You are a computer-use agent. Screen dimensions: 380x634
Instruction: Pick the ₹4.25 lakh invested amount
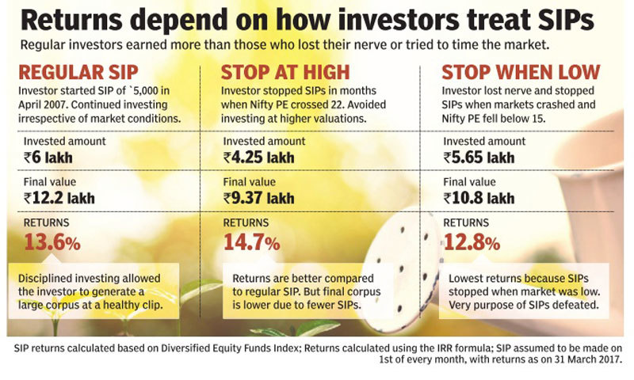click(x=258, y=157)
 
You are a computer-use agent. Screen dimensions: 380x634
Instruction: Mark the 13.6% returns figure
click(x=52, y=242)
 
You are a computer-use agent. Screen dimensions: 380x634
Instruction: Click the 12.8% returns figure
click(x=472, y=242)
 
